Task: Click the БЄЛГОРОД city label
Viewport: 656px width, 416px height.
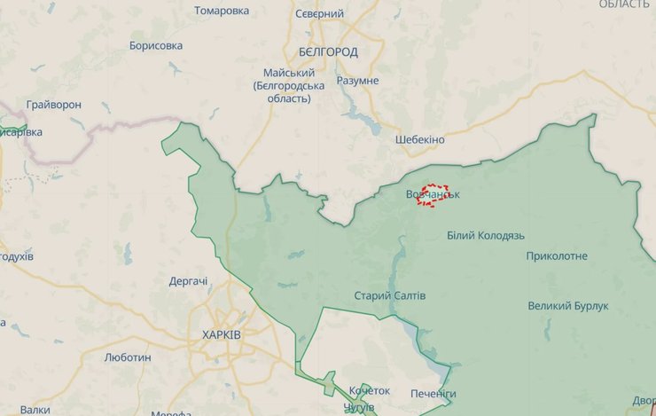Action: point(329,51)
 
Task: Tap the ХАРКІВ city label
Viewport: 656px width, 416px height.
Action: point(221,334)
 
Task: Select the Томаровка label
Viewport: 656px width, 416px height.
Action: point(222,11)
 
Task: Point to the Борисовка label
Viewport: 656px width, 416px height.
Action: point(156,45)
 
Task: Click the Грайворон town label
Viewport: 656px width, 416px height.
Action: point(54,105)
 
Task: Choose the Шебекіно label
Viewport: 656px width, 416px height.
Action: point(420,140)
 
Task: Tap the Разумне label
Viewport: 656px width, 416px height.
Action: point(358,81)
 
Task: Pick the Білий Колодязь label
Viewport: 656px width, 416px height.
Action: point(486,236)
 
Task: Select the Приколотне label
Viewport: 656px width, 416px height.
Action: point(557,256)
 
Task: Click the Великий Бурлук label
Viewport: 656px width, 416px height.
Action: point(568,306)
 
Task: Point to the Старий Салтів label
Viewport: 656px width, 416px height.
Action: point(390,295)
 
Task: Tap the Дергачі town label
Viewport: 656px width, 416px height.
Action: point(189,282)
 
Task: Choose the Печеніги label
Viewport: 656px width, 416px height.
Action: point(433,393)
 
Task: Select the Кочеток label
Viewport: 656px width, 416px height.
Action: point(370,391)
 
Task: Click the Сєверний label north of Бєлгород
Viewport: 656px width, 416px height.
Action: point(319,14)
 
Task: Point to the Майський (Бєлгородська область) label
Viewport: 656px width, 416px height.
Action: point(289,85)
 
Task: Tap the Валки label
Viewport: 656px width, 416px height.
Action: point(35,410)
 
